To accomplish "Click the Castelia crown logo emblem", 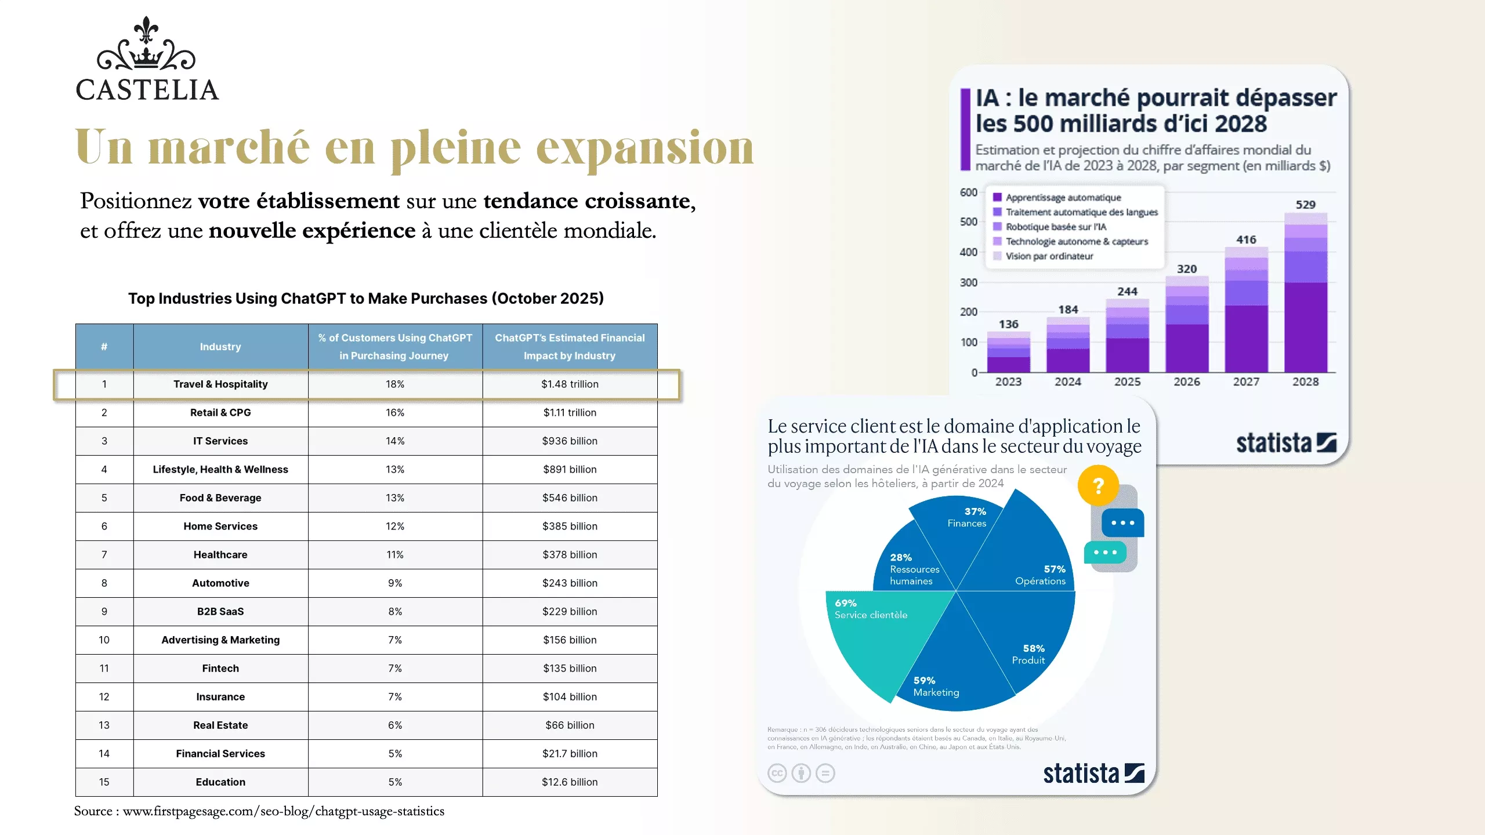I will coord(146,45).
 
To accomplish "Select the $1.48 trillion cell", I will coord(570,384).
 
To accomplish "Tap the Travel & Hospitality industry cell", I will coord(220,384).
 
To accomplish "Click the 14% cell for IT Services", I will coord(395,441).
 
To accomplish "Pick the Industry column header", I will coord(220,346).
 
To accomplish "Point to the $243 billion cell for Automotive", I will coord(570,583).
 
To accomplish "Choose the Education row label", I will coord(220,782).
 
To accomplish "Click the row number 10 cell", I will coord(104,640).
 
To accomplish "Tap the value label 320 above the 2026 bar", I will coord(1187,269).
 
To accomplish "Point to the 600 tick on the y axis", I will coord(969,193).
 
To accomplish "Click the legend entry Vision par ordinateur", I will coord(1049,256).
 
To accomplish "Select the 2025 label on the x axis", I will coord(1127,382).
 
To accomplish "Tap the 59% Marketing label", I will coord(935,687).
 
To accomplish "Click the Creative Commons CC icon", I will coord(777,773).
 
